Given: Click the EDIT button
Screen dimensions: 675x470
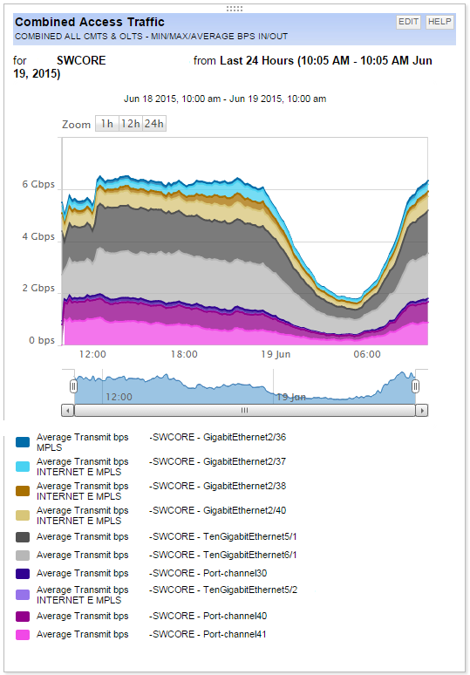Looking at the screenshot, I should [x=409, y=22].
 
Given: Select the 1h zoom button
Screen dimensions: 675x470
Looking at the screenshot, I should [x=106, y=124].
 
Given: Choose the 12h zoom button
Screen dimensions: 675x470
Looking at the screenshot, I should [x=130, y=124].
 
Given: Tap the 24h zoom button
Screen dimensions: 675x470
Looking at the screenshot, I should [x=154, y=124].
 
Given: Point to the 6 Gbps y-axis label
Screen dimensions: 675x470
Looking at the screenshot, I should [x=37, y=185].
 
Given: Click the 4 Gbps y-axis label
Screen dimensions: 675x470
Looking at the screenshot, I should [x=37, y=236].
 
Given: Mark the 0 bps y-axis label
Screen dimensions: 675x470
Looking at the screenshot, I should [x=40, y=340].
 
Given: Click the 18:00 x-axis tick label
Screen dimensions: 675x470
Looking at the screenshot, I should [x=184, y=355].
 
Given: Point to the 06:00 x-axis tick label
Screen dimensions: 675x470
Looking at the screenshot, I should [x=367, y=355].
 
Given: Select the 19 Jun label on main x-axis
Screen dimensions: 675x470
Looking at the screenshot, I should [x=276, y=355].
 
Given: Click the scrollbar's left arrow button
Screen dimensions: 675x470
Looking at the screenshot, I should [x=68, y=410].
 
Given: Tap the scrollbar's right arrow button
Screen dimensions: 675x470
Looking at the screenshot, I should [x=422, y=410].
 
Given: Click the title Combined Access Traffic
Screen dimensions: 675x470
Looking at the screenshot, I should [x=90, y=22].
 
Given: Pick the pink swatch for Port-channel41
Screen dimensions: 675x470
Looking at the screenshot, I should [x=24, y=635].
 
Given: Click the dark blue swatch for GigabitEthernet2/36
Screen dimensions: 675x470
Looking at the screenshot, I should [x=24, y=443].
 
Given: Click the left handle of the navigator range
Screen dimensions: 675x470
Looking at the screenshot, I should [x=74, y=385].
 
